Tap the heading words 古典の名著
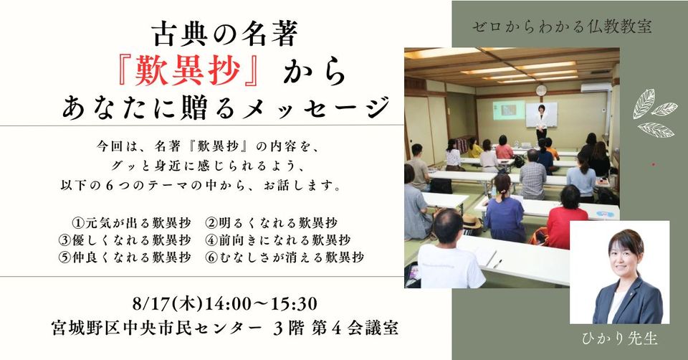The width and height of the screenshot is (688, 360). tap(225, 34)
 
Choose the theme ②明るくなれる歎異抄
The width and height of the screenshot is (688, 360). tap(272, 223)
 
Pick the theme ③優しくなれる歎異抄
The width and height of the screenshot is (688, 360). tap(125, 240)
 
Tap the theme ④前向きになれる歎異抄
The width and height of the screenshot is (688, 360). tap(279, 240)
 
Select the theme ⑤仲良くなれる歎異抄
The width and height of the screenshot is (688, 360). tap(125, 257)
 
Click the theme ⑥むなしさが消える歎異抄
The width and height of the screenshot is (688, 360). tap(285, 257)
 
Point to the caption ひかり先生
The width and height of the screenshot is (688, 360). tap(619, 338)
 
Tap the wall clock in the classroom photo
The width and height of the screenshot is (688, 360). tap(542, 90)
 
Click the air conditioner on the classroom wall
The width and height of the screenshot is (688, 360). tap(596, 87)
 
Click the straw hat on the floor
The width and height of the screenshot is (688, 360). tap(472, 222)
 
